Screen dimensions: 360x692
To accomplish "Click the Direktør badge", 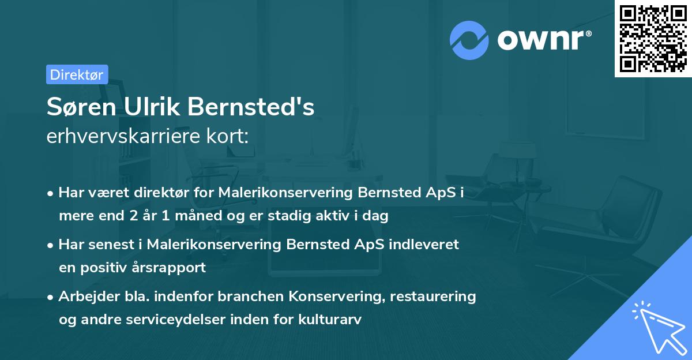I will [77, 74].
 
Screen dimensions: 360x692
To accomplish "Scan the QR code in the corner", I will [653, 38].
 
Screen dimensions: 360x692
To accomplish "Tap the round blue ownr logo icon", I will [469, 40].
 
